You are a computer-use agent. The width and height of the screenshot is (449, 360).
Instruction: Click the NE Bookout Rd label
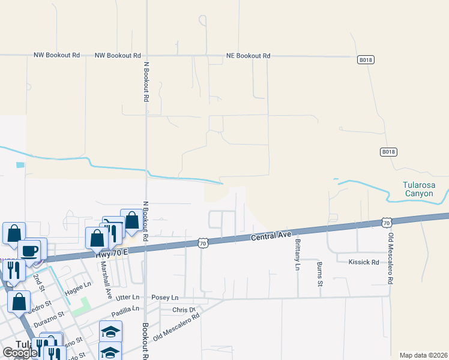(x=248, y=56)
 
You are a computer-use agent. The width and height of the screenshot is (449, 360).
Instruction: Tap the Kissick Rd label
(x=364, y=262)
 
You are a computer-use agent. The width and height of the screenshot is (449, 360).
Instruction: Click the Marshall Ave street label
(x=106, y=280)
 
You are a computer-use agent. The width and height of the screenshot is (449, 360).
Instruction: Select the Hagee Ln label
(x=79, y=284)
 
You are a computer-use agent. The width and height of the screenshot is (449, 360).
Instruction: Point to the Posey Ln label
(x=165, y=298)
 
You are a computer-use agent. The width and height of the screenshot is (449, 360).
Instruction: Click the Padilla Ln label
(x=125, y=311)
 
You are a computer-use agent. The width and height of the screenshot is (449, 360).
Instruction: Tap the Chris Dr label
(x=184, y=310)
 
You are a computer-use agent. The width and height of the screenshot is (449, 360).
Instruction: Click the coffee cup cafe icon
(x=28, y=250)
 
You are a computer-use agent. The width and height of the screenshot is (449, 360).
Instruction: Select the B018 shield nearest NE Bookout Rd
(x=366, y=59)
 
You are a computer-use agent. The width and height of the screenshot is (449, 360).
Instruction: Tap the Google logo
(x=20, y=353)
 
